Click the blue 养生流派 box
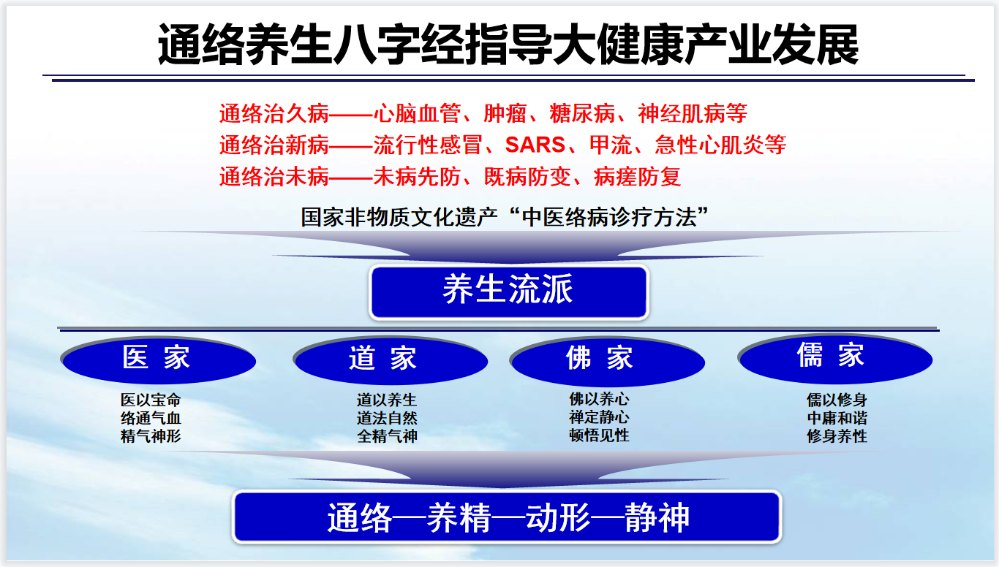click(508, 292)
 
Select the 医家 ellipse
click(158, 360)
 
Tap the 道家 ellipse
click(391, 360)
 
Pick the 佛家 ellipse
click(607, 361)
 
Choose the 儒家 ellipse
click(835, 359)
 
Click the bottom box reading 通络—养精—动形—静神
click(507, 517)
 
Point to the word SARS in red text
click(535, 145)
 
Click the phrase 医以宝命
click(151, 400)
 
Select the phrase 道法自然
click(387, 418)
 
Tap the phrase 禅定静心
click(599, 417)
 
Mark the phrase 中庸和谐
click(837, 418)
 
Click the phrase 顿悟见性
click(599, 435)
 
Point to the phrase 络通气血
click(151, 418)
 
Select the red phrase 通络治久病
click(274, 113)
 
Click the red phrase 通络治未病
click(274, 177)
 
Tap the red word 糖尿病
click(582, 113)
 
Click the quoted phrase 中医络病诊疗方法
click(609, 218)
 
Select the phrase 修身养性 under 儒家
click(837, 436)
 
